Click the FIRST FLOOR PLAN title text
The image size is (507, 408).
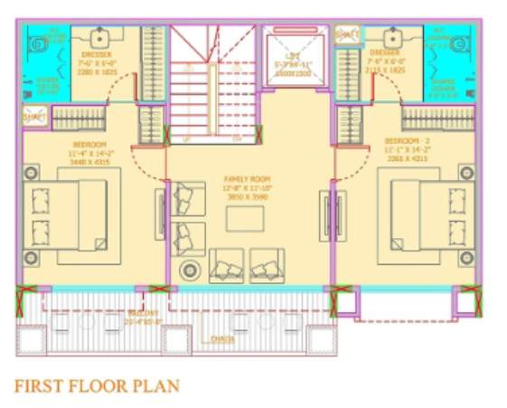(x=97, y=386)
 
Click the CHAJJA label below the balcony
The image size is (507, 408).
(x=222, y=339)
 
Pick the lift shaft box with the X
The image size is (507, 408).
(x=289, y=56)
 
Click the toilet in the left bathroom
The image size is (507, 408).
(x=35, y=43)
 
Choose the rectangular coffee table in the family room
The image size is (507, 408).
(x=245, y=218)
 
